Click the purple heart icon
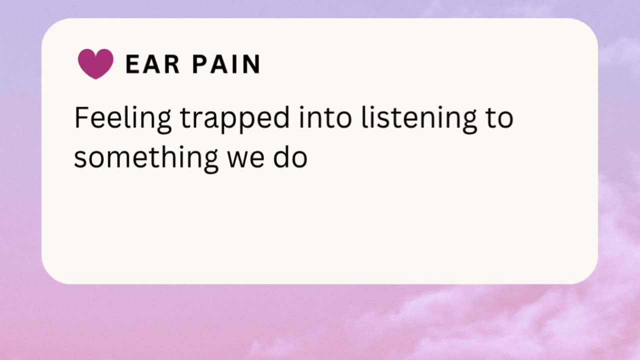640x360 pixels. pyautogui.click(x=95, y=64)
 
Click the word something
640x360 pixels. pyautogui.click(x=146, y=158)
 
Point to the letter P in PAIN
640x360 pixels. pyautogui.click(x=200, y=64)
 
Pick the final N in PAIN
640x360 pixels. pyautogui.click(x=252, y=64)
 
